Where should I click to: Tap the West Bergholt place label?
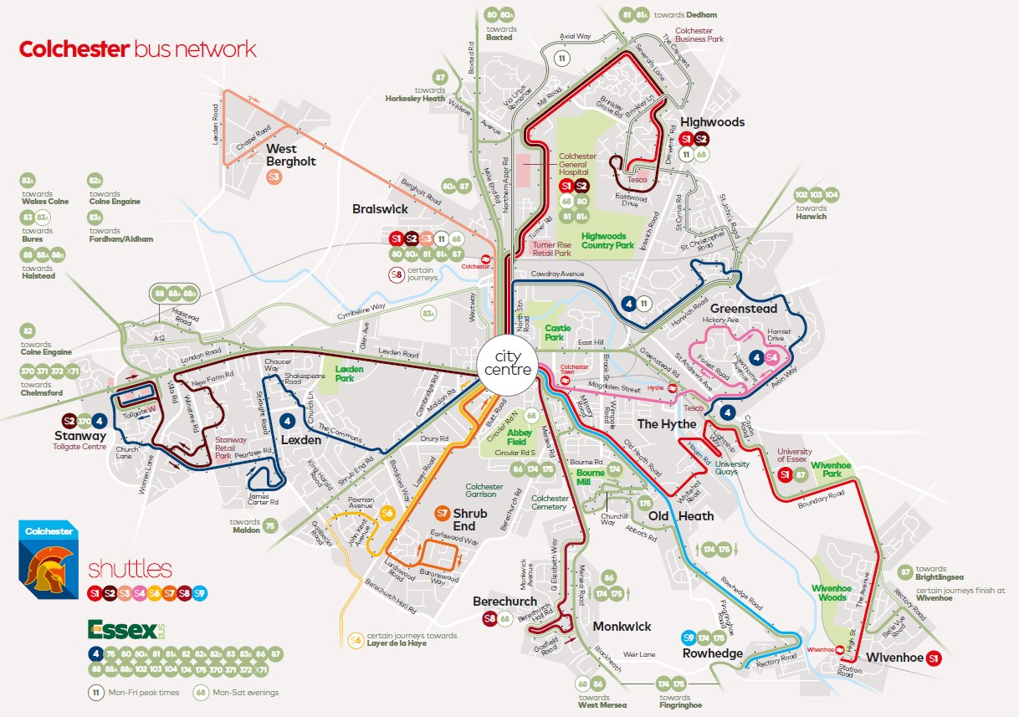[290, 155]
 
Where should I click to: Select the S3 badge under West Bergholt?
[274, 177]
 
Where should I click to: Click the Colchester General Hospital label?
[577, 163]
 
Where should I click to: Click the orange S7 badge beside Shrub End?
[443, 513]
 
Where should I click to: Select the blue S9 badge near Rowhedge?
[689, 637]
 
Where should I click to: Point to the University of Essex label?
[794, 456]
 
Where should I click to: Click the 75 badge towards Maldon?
[269, 525]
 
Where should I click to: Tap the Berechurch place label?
[504, 601]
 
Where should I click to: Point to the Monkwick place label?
[621, 626]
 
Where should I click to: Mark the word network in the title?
[216, 49]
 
